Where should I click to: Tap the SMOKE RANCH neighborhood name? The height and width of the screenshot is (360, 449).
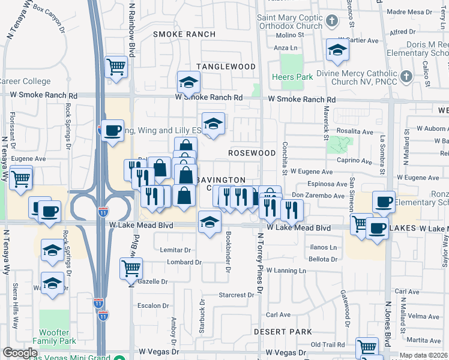click(184, 34)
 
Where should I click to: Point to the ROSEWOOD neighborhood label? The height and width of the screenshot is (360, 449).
click(252, 153)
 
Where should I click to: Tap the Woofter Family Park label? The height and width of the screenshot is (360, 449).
click(58, 337)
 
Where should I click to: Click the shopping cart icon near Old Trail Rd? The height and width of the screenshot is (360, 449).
click(367, 347)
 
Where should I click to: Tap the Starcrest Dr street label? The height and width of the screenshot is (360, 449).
click(237, 295)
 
